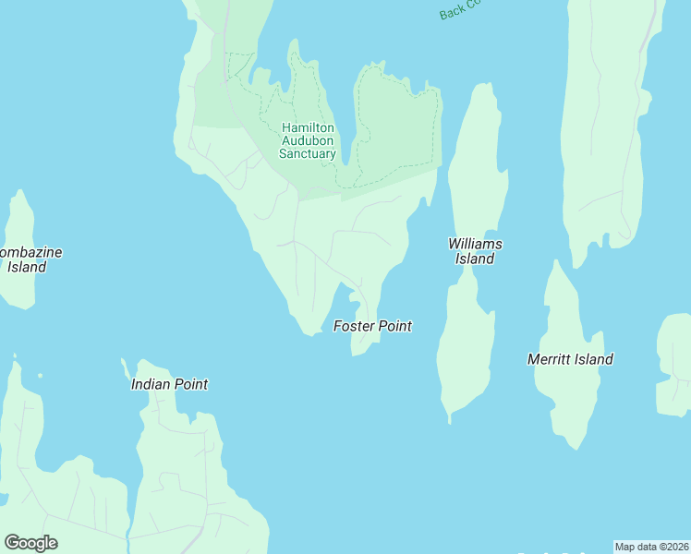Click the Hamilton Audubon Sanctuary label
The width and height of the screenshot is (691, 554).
coord(309,140)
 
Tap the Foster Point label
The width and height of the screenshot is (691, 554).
coord(372,326)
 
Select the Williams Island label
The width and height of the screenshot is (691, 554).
coord(475,251)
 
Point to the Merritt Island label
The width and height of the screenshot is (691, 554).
coord(570,359)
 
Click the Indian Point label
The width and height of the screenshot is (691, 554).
coord(169,384)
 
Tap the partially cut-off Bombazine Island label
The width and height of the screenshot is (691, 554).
coord(24,259)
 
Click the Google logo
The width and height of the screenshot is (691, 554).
coord(30,543)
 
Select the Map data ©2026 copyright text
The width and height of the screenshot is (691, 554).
coord(651,547)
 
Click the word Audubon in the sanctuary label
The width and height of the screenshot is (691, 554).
coord(309,140)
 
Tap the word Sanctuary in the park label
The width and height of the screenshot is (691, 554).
coord(308,154)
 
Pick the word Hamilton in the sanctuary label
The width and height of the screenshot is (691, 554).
coord(309,127)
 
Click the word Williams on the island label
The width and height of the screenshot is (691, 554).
coord(475,244)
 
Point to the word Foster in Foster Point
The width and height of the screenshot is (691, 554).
coord(353,326)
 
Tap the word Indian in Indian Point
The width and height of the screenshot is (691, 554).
coord(151,384)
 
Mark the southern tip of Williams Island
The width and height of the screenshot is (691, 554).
coord(450,421)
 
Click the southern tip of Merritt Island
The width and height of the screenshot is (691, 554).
coord(576,448)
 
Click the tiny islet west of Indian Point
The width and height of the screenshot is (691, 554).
coord(41,375)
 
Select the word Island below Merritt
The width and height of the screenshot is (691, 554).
coord(594,359)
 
